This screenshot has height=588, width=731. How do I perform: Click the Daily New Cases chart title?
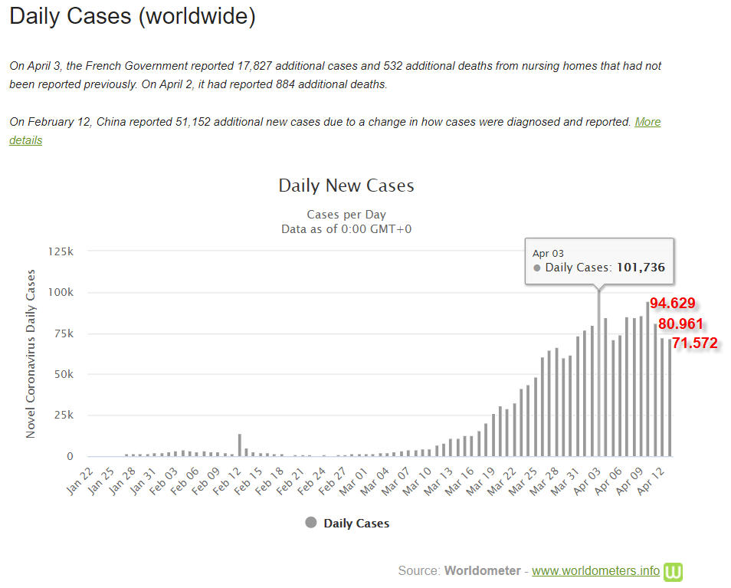[x=346, y=186]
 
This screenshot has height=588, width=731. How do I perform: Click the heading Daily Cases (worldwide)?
[x=133, y=17]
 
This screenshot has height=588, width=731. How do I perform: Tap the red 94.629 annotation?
[x=672, y=303]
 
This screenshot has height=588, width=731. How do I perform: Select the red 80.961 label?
[x=680, y=324]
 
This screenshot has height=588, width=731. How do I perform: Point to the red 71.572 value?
[x=694, y=343]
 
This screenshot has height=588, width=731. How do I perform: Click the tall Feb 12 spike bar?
[x=240, y=445]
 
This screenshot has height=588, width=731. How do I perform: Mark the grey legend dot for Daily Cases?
[x=310, y=523]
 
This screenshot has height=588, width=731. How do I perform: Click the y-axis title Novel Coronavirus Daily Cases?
[x=31, y=353]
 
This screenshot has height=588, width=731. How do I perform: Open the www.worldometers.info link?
[x=595, y=571]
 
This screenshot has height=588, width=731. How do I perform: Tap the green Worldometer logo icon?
[x=674, y=571]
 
